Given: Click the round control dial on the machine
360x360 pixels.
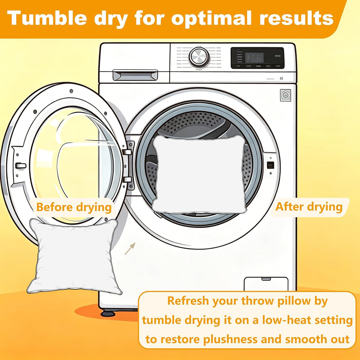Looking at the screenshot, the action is tap(199, 57).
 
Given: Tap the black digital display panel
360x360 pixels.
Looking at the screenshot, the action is tap(257, 58).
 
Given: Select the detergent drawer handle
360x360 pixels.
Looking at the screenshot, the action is tap(135, 75).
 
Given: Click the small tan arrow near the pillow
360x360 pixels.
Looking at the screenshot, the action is tap(130, 249).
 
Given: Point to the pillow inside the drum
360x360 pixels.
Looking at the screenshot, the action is tap(199, 174).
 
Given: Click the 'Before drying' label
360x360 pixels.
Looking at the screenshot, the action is tap(74, 207).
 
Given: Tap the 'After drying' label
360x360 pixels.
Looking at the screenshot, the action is tap(309, 207).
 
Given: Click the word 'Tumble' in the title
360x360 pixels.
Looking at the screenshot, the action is tap(47, 18).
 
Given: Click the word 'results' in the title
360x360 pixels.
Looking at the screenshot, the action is tap(296, 18).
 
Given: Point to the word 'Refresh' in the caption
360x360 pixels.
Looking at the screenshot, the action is tap(188, 301).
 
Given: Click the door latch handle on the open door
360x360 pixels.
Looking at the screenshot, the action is tap(21, 166).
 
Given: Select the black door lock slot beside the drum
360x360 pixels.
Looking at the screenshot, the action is tap(270, 165).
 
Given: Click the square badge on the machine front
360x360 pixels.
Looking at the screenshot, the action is tap(285, 95).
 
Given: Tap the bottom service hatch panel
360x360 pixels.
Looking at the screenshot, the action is tap(266, 284).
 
